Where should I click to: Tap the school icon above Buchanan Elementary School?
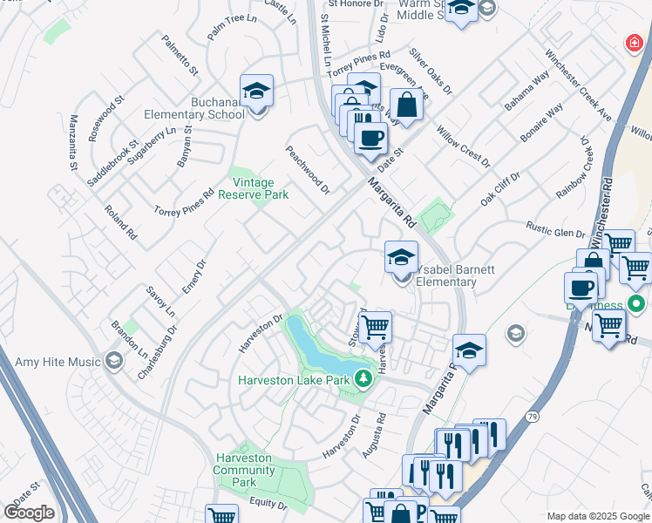pyautogui.click(x=257, y=91)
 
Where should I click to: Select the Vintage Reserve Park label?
pyautogui.click(x=260, y=189)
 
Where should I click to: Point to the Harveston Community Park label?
pyautogui.click(x=245, y=470)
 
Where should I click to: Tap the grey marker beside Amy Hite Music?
pyautogui.click(x=113, y=361)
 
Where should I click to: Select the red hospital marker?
pyautogui.click(x=635, y=43)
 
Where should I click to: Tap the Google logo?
pyautogui.click(x=29, y=512)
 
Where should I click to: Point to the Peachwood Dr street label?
pyautogui.click(x=308, y=169)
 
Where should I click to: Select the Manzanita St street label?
pyautogui.click(x=73, y=142)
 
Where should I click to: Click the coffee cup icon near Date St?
pyautogui.click(x=371, y=138)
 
